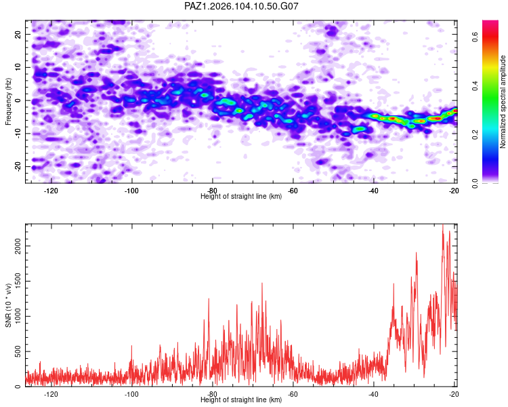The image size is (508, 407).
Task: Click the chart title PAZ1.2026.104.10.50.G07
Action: tap(241, 6)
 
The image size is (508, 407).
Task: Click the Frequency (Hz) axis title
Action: tap(8, 102)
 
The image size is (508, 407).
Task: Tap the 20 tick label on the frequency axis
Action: tap(18, 34)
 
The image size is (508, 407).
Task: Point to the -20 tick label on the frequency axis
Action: tap(18, 166)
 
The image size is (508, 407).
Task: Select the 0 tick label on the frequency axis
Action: tap(18, 100)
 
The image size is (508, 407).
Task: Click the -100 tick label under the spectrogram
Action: tap(131, 191)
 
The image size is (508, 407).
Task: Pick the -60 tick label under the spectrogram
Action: tap(293, 191)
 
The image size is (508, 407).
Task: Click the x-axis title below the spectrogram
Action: tap(241, 196)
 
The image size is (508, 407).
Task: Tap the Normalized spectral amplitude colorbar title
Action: tap(503, 102)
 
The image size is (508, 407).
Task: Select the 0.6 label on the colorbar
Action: tap(475, 37)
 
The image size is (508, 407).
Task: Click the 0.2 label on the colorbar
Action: tap(475, 135)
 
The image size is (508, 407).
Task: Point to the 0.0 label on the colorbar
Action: tap(475, 183)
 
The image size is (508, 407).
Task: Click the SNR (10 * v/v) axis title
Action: tap(8, 305)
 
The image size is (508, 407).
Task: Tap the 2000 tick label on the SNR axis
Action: tap(18, 246)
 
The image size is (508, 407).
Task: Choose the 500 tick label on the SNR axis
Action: tap(18, 351)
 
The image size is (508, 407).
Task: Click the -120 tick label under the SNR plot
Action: tap(51, 394)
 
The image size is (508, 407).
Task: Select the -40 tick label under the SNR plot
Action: tap(373, 394)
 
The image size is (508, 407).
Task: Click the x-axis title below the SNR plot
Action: tap(241, 400)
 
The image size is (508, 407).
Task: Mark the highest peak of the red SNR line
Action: tap(443, 225)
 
